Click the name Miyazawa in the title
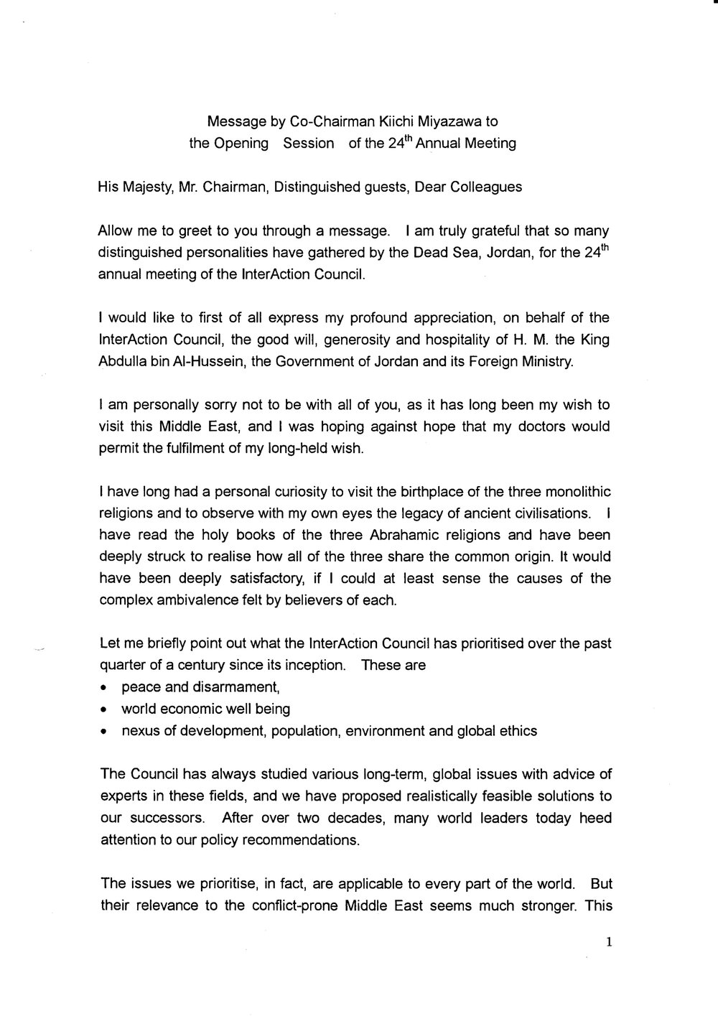(x=447, y=122)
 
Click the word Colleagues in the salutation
(x=487, y=187)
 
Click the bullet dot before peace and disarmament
(x=104, y=688)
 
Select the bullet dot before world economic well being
(x=104, y=710)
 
